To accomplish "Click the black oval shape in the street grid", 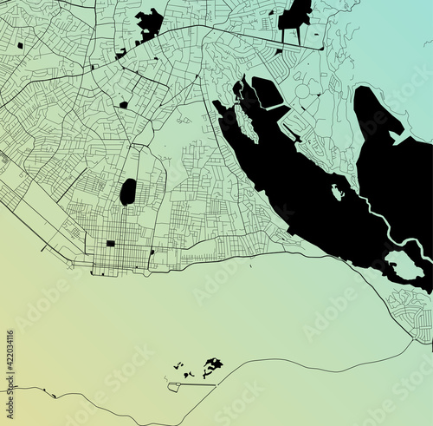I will pos(127,191).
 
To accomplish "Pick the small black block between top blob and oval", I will pos(124,105).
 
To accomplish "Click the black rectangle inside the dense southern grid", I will pos(110,244).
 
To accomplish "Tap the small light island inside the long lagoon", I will pos(336,192).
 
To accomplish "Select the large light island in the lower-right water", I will pos(404,265).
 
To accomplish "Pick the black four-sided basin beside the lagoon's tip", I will pos(267,93).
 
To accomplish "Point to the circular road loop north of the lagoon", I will pos(302,91).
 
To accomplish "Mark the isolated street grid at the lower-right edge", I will pos(411,308).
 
